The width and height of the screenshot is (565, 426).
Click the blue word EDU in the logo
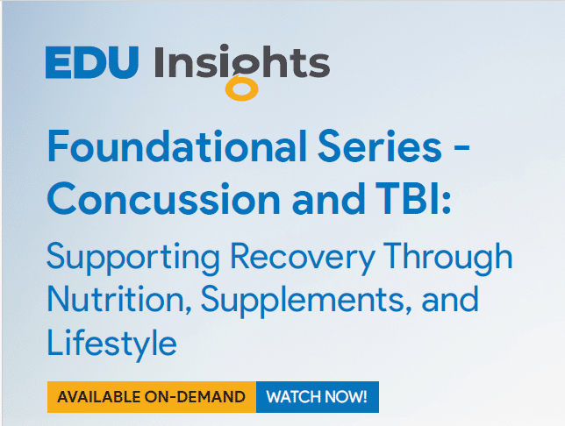point(92,62)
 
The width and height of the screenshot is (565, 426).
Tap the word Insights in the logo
point(242,61)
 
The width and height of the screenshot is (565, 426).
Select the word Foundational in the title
point(177,146)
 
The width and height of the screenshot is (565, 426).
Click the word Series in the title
point(380,146)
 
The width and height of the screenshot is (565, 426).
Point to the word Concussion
point(163,199)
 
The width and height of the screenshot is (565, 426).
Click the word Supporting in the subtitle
point(133,259)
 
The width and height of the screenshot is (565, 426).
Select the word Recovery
point(303,259)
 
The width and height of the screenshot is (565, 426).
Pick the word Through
point(448,257)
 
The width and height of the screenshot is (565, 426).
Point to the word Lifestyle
point(112,344)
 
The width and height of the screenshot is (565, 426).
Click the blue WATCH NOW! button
point(318,397)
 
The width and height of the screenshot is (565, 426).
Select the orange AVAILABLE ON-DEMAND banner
point(152,397)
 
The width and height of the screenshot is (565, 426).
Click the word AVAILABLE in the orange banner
point(99,397)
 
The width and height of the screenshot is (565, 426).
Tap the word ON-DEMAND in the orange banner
point(195,397)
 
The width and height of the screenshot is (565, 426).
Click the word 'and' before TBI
point(329,199)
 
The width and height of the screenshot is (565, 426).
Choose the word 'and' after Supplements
point(450,299)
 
